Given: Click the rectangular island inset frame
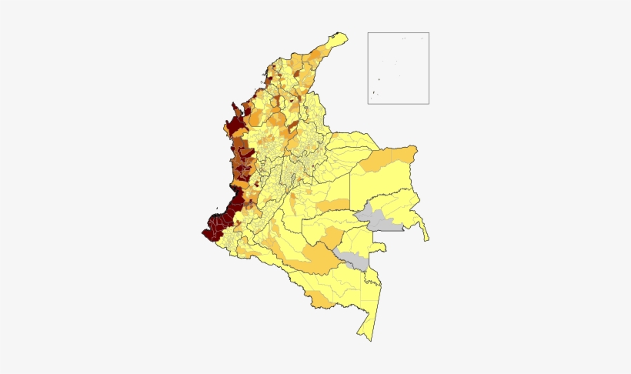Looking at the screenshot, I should pyautogui.click(x=398, y=68).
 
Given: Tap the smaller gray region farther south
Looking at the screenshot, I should pyautogui.click(x=353, y=259).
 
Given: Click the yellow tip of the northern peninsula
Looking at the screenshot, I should pyautogui.click(x=337, y=37).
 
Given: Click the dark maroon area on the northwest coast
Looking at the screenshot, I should pyautogui.click(x=233, y=126).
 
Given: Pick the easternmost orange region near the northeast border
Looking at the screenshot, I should pyautogui.click(x=404, y=155).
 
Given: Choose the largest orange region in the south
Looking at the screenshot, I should pyautogui.click(x=319, y=258).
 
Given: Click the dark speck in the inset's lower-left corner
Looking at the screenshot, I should pyautogui.click(x=373, y=94).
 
